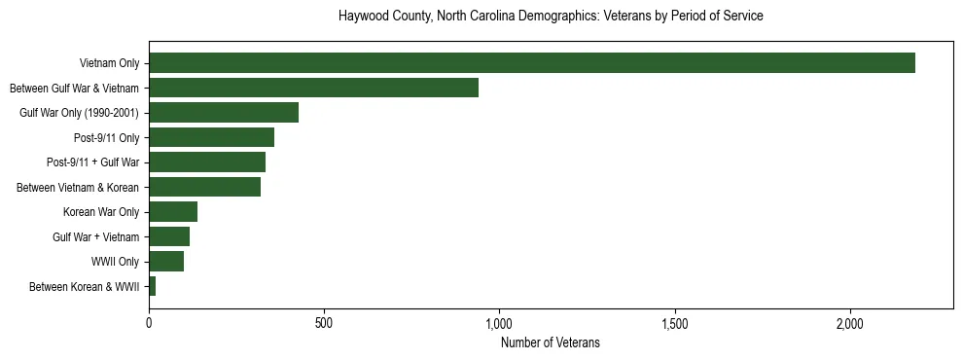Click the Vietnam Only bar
click(x=532, y=63)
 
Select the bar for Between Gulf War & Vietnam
click(x=313, y=88)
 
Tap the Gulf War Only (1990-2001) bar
click(x=224, y=113)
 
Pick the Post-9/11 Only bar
click(x=211, y=137)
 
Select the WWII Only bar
click(x=166, y=262)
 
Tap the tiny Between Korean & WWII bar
click(x=153, y=286)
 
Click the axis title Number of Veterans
click(x=551, y=342)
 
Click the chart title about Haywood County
click(x=551, y=17)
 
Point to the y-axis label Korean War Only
click(x=101, y=212)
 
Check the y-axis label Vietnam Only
click(x=109, y=63)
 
